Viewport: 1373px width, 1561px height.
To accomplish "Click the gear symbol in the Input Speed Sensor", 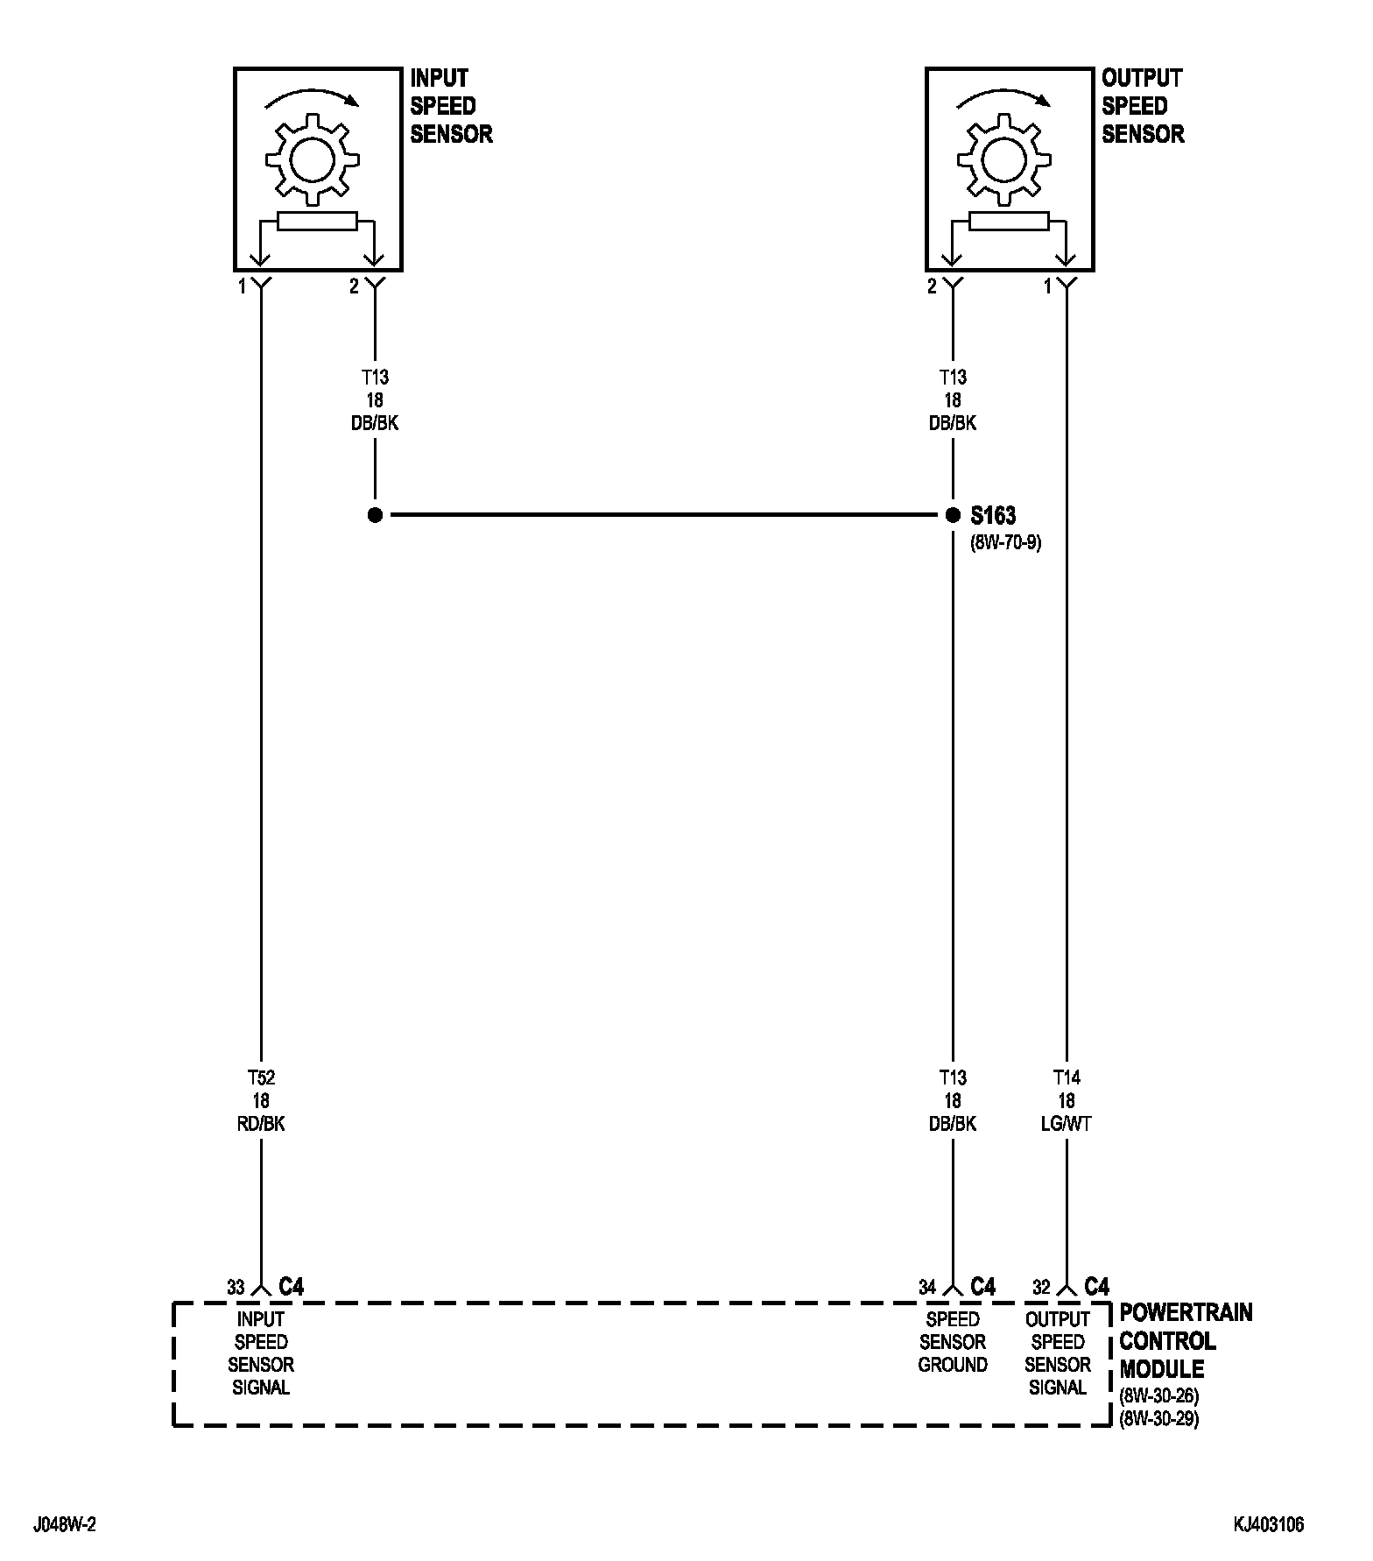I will (x=313, y=159).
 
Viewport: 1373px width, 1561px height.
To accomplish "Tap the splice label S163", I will (x=993, y=515).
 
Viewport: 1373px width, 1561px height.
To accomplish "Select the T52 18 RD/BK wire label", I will (x=261, y=1100).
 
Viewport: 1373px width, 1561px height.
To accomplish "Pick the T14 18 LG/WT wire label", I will (x=1066, y=1100).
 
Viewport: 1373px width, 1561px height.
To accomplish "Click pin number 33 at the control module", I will (x=236, y=1288).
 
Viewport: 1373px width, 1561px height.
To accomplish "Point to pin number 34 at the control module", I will (x=927, y=1288).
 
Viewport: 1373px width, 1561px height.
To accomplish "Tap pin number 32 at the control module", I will (x=1041, y=1288).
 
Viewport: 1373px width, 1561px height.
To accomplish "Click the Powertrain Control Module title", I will (x=1185, y=1340).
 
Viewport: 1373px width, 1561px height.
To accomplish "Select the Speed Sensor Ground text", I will (x=953, y=1341).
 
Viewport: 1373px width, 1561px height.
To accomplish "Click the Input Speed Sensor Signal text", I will (x=261, y=1353).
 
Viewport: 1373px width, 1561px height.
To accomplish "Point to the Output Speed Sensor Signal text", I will (x=1058, y=1353).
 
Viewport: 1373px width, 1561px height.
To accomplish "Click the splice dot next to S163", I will (x=953, y=515).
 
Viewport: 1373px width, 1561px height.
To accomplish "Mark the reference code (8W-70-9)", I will (x=1005, y=542).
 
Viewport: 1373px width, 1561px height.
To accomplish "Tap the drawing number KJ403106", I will (x=1269, y=1525).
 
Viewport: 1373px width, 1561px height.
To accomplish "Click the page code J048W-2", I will (x=65, y=1525).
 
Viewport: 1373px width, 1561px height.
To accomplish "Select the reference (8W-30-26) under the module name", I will (x=1158, y=1395).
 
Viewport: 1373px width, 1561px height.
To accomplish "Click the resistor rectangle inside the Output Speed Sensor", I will (x=1009, y=222).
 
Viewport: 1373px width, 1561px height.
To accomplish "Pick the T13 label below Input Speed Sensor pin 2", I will (x=375, y=378).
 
